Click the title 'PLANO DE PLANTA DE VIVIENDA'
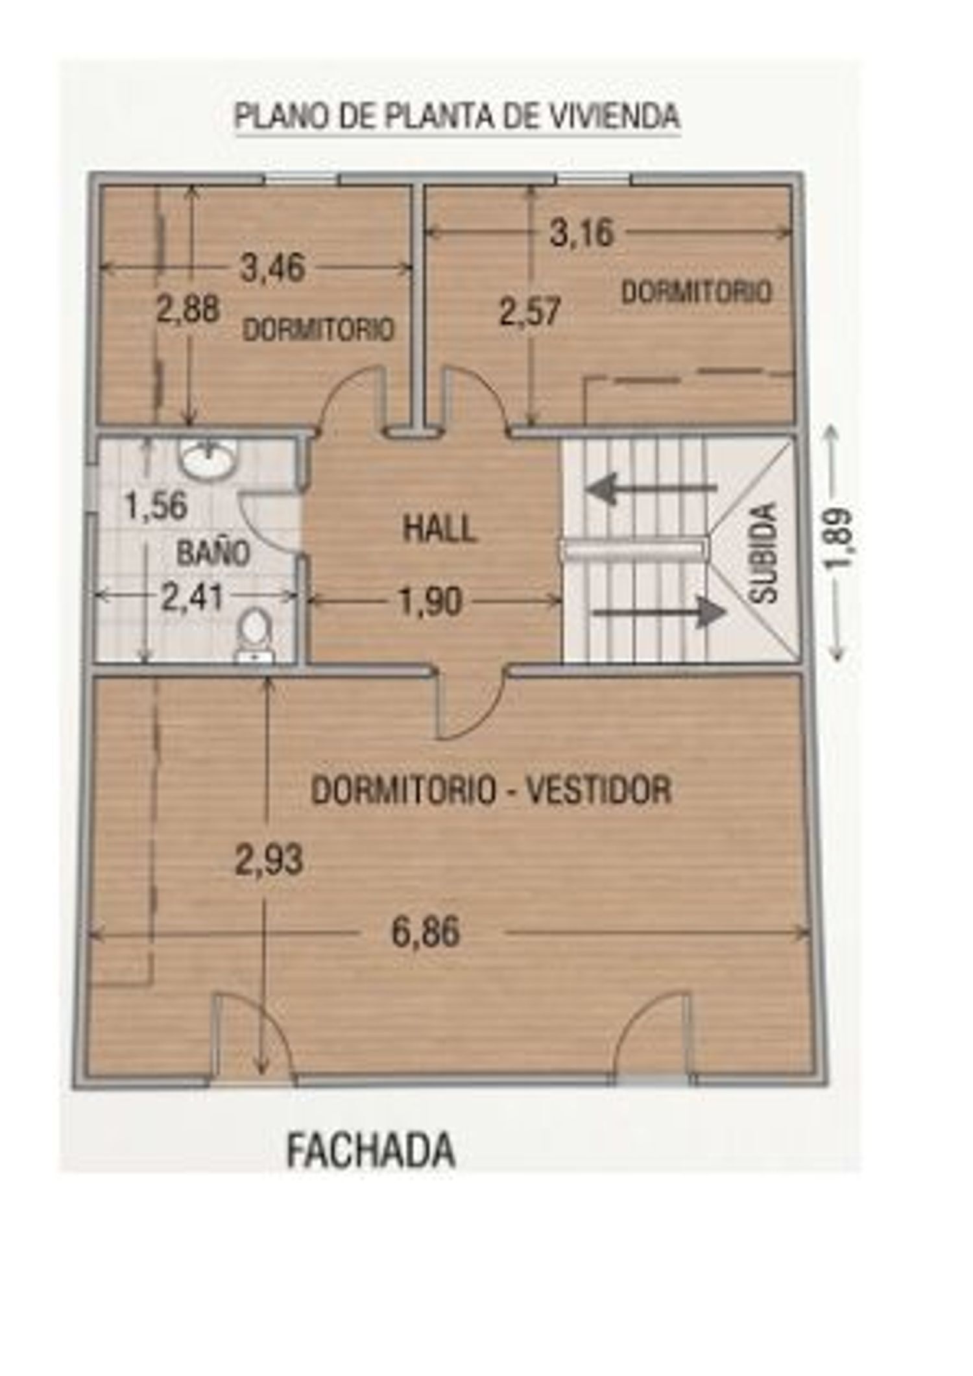pyautogui.click(x=457, y=116)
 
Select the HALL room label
pyautogui.click(x=440, y=528)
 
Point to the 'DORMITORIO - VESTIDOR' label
pyautogui.click(x=491, y=790)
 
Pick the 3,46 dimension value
pyautogui.click(x=272, y=267)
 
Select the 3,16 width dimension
pyautogui.click(x=581, y=233)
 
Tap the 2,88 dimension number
pyautogui.click(x=188, y=309)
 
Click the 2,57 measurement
pyautogui.click(x=529, y=311)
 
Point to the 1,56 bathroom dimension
pyautogui.click(x=156, y=505)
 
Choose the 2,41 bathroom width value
pyautogui.click(x=193, y=598)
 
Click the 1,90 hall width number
pyautogui.click(x=431, y=601)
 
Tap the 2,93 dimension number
pyautogui.click(x=269, y=861)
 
